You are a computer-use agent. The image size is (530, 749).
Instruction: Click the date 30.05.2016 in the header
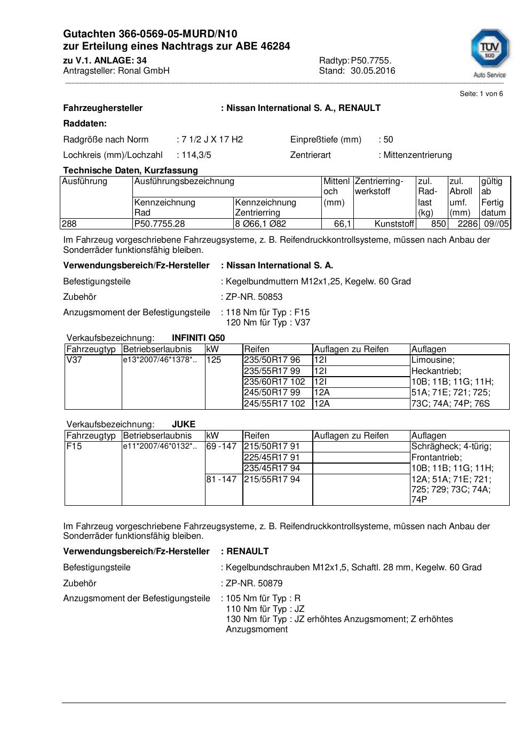click(373, 70)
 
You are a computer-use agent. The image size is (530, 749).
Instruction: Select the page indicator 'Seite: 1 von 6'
click(481, 94)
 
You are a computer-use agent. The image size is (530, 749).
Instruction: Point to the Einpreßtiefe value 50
click(388, 140)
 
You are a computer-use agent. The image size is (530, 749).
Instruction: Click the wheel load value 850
click(438, 224)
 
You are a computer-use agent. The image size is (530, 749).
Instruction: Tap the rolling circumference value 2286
click(468, 224)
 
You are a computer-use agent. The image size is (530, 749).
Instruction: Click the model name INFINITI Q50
click(198, 338)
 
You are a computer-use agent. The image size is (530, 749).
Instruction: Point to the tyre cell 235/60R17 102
click(274, 382)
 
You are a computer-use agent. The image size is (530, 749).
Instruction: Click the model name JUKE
click(184, 425)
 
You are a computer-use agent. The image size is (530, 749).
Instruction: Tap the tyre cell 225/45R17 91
click(272, 458)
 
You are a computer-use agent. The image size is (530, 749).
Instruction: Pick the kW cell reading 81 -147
click(221, 480)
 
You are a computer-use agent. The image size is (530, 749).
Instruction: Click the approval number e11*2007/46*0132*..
click(160, 447)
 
